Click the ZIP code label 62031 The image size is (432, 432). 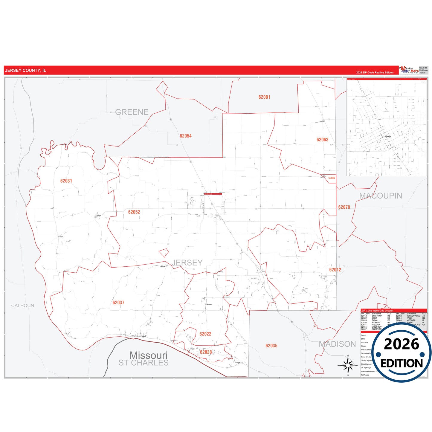point(66,181)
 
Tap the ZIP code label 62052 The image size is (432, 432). point(134,212)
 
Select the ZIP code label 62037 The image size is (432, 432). point(118,303)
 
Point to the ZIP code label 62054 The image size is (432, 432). point(186,136)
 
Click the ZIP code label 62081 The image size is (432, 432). point(264,97)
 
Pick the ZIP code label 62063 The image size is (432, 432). point(322,140)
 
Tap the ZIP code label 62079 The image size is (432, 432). point(344,207)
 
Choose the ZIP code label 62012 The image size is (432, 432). point(335,270)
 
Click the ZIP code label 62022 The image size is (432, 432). point(205,334)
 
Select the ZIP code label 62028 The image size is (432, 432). point(206,352)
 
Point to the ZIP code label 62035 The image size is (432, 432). point(271,346)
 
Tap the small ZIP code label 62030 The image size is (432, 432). point(332,178)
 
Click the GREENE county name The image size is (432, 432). point(132,112)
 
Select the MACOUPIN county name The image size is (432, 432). point(381,196)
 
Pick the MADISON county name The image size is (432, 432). point(337,344)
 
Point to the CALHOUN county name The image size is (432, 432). point(23,306)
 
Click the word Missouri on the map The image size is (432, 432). point(149,355)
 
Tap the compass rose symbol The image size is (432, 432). point(348,365)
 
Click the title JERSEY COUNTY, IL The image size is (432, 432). point(26,71)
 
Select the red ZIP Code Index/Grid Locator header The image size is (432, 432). point(393,311)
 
